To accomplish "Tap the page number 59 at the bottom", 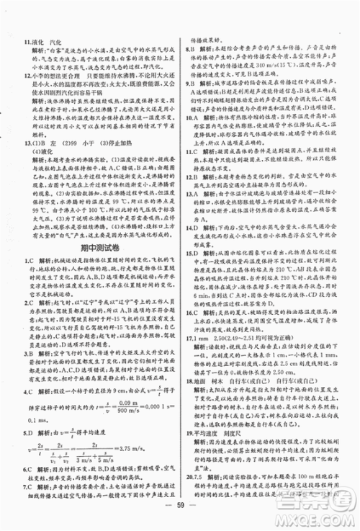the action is (180, 519).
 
